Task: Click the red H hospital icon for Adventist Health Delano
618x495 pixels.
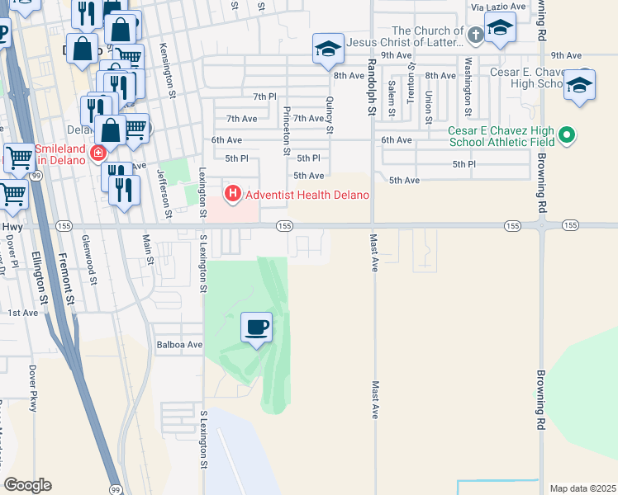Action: coord(233,194)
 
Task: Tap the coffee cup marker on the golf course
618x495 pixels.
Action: coord(256,328)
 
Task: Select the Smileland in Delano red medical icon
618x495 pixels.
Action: coord(98,153)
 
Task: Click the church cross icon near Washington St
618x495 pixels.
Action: coord(475,35)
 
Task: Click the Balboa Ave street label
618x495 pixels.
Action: coord(179,344)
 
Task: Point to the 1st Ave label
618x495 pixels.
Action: coord(22,313)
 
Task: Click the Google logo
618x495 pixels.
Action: coord(28,485)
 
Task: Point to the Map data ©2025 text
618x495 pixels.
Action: coord(582,488)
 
